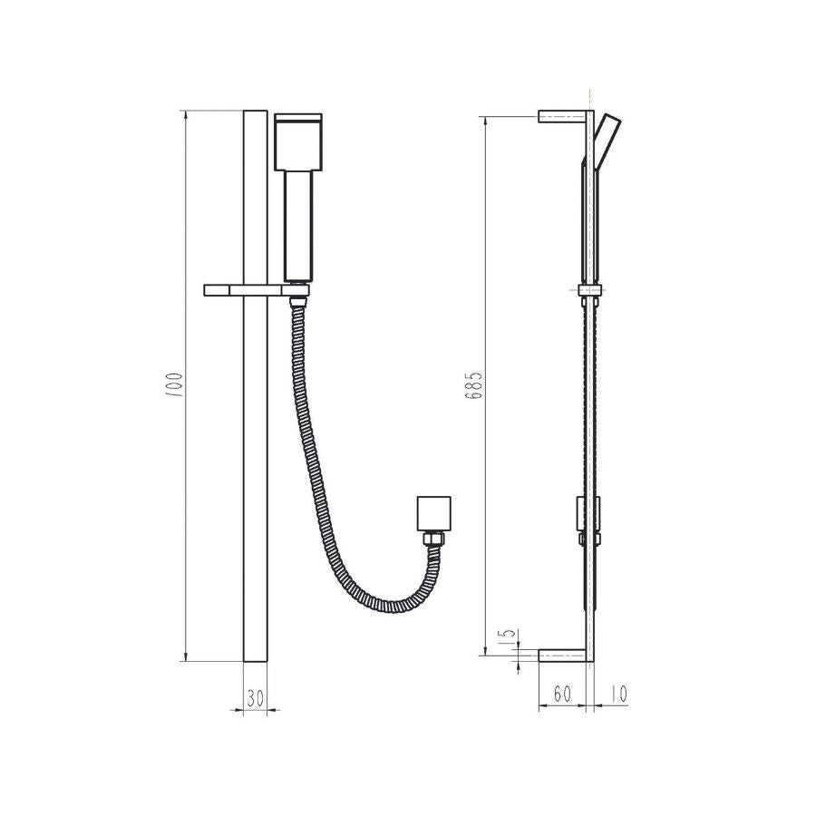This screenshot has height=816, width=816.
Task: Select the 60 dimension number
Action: (x=561, y=695)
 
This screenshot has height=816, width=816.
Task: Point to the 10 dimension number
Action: (x=617, y=695)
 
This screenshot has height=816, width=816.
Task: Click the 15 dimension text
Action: (x=508, y=636)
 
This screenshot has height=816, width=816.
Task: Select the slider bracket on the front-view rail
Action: (x=257, y=290)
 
